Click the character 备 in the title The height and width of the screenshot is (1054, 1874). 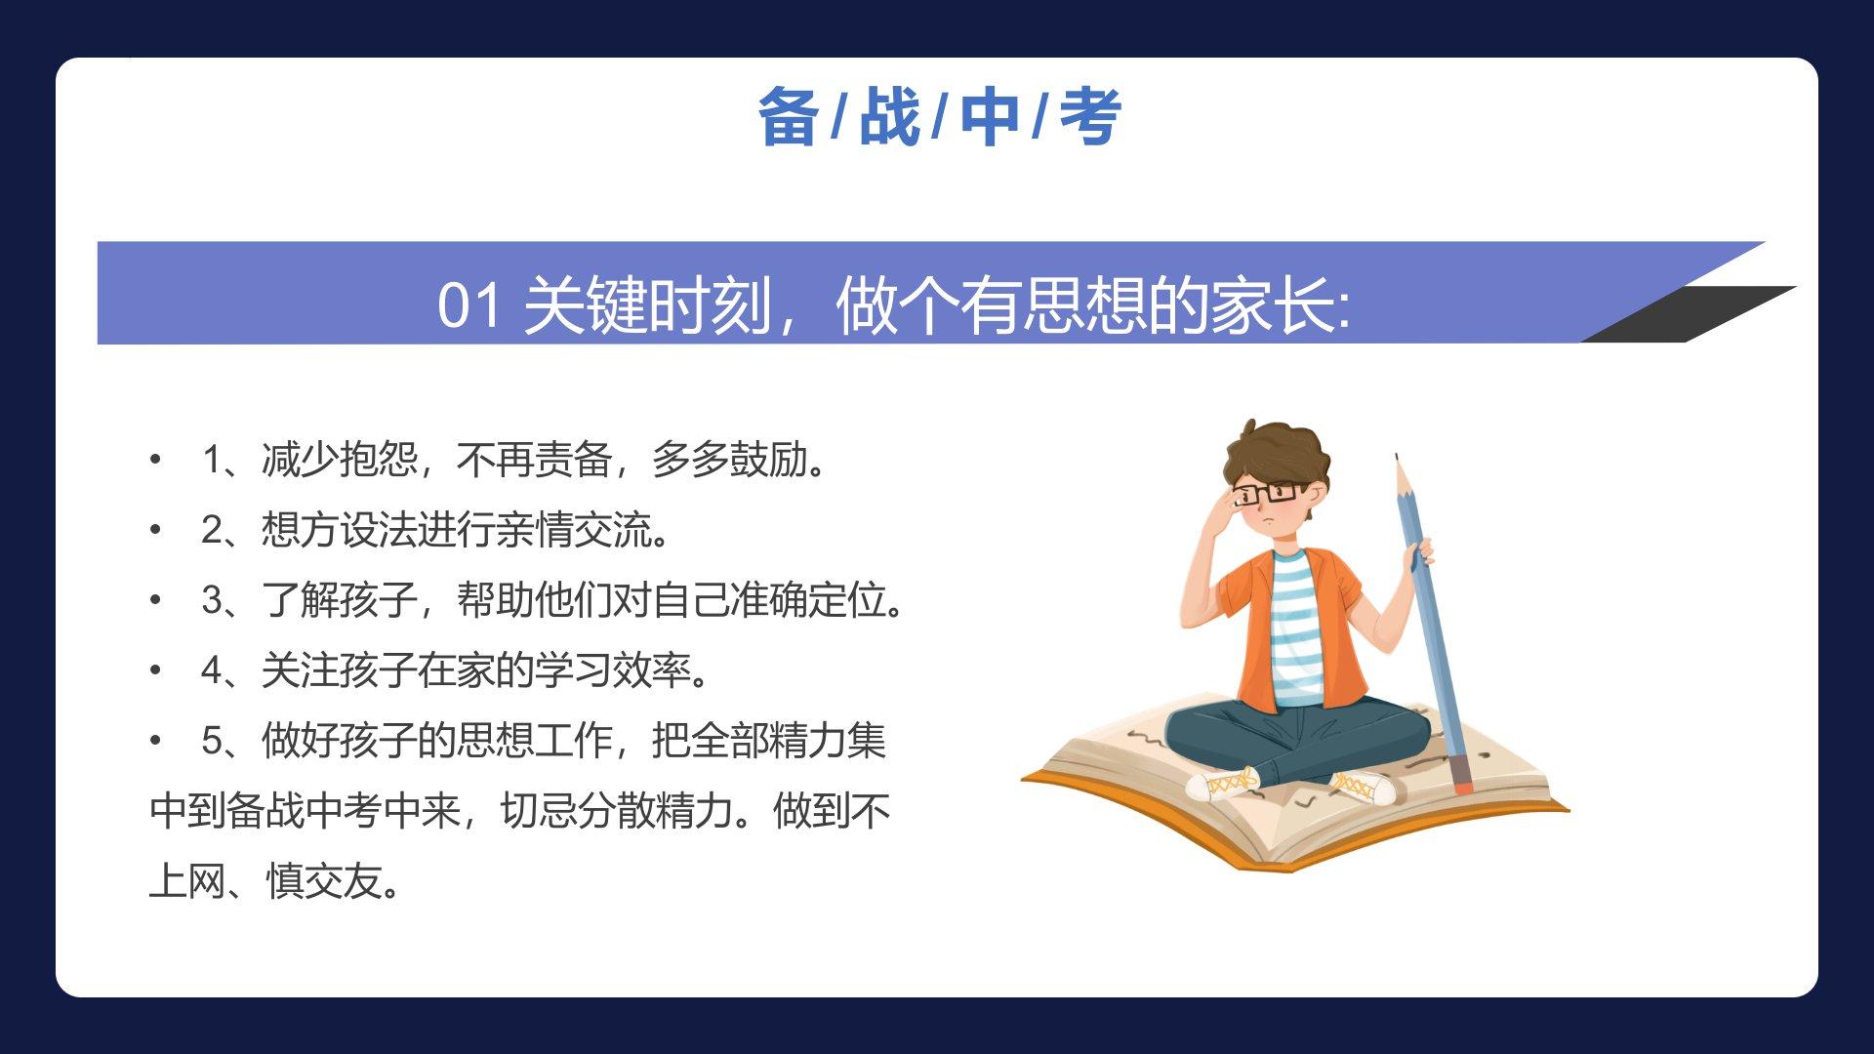point(788,117)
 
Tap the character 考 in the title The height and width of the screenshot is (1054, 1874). point(1090,117)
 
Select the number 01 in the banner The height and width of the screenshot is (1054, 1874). point(469,304)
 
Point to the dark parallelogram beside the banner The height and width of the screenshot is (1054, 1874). point(1689,313)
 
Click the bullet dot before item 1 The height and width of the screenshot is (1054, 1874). point(155,459)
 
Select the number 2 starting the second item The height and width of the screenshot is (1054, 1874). point(212,530)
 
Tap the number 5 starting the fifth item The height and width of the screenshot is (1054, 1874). point(212,741)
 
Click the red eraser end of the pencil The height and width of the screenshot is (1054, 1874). point(1461,785)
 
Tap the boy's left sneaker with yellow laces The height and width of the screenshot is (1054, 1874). point(1222,784)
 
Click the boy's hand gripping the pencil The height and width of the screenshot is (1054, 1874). point(1419,555)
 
